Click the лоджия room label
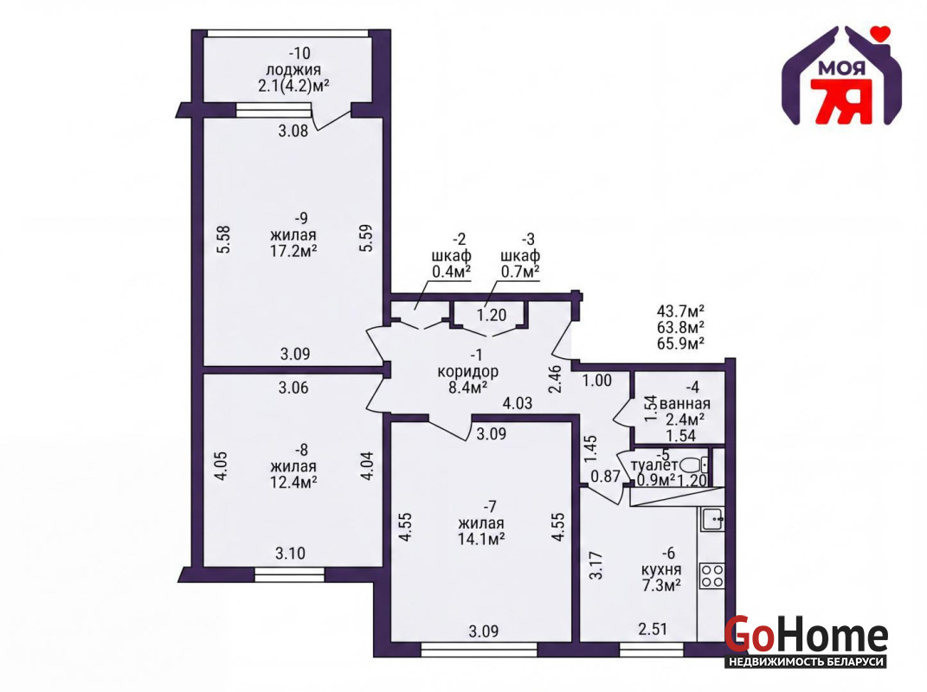[x=293, y=70]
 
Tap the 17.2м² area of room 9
[x=293, y=251]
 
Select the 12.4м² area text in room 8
[x=293, y=482]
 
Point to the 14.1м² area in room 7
[x=480, y=538]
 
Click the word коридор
[x=467, y=372]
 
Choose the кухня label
[x=661, y=570]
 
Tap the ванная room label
[x=685, y=404]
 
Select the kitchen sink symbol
[x=713, y=520]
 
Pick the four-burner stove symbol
[x=711, y=575]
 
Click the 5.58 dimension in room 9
[x=223, y=240]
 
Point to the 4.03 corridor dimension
[x=518, y=404]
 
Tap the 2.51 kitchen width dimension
[x=653, y=629]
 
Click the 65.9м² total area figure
[x=680, y=343]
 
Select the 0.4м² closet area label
[x=452, y=272]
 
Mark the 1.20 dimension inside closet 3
[x=492, y=315]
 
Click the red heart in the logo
[x=881, y=33]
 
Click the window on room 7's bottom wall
[x=479, y=650]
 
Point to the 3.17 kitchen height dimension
[x=595, y=565]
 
